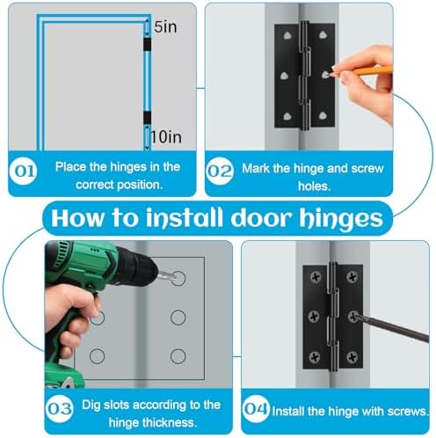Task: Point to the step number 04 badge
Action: coord(255,410)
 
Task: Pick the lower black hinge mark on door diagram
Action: coord(148,118)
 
